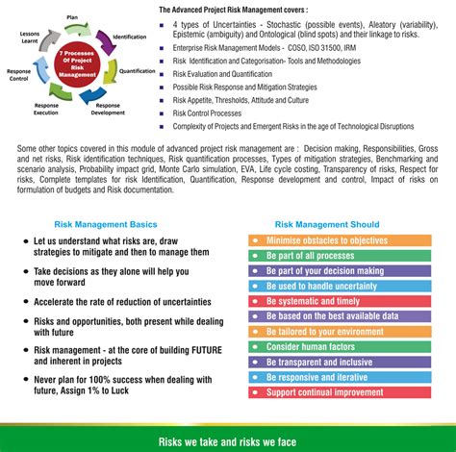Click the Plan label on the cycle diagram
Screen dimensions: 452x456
click(x=72, y=15)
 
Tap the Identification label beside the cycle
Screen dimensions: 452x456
click(x=130, y=37)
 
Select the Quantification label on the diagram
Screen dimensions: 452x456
click(x=139, y=71)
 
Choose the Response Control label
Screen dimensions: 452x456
click(x=17, y=75)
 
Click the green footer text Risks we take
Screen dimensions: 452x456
click(x=228, y=441)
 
